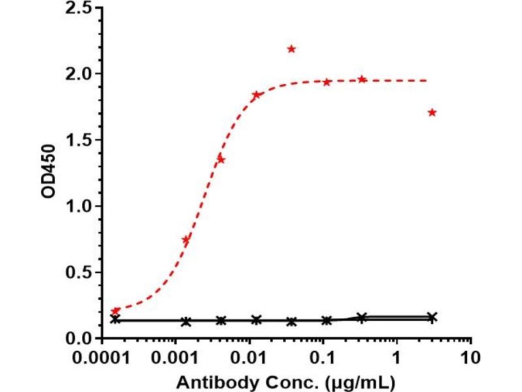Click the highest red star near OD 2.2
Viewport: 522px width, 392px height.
291,50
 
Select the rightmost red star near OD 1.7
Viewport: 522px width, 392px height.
432,112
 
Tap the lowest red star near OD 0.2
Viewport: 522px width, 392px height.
115,312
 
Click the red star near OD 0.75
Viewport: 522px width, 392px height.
186,240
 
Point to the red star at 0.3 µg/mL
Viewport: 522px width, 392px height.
362,79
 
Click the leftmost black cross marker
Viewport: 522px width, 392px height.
115,319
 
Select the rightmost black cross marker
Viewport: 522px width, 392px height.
432,317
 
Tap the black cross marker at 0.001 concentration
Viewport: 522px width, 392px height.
186,321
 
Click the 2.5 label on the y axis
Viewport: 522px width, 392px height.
78,7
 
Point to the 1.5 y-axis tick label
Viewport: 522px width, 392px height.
78,140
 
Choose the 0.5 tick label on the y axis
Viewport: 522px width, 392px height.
78,272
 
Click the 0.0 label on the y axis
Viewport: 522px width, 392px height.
78,338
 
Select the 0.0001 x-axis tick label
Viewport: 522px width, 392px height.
101,358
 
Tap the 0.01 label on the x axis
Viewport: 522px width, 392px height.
249,358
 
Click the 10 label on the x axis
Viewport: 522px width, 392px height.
470,358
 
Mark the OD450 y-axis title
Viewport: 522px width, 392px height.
48,171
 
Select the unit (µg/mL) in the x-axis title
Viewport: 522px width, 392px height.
361,383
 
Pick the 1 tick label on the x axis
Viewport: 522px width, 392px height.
396,358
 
